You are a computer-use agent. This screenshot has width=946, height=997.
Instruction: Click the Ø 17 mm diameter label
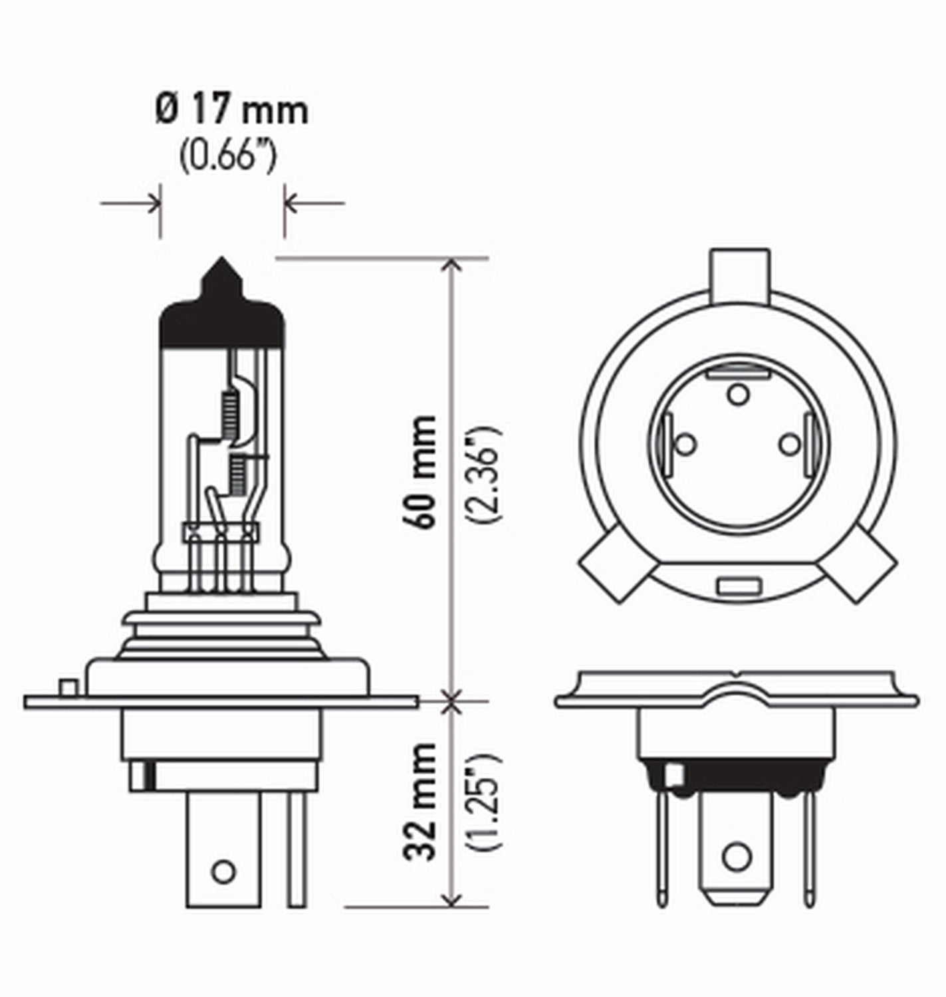pos(231,110)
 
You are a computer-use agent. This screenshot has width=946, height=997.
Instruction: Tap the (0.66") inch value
pos(227,158)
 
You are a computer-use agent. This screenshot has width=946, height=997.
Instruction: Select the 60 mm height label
pos(423,472)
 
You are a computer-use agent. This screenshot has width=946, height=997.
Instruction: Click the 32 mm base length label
pos(423,802)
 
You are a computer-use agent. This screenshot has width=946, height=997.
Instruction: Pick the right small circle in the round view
pos(789,443)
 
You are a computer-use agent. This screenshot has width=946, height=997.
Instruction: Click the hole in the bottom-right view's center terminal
pos(736,857)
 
